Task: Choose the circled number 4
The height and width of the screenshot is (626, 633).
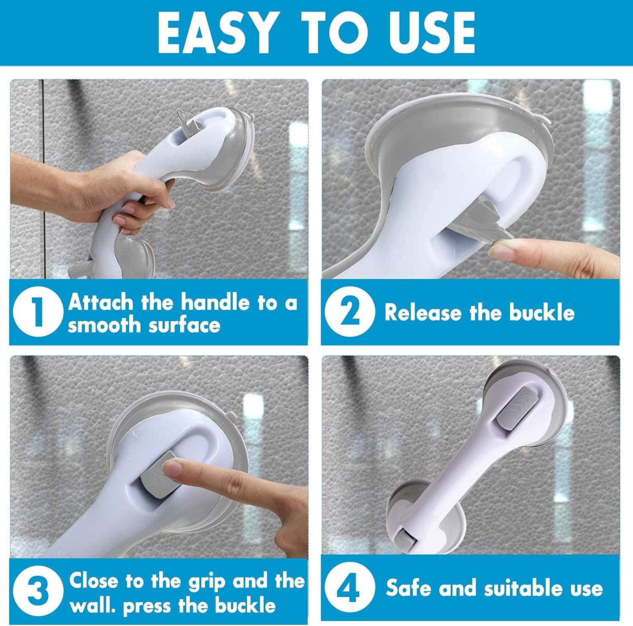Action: pyautogui.click(x=349, y=589)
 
